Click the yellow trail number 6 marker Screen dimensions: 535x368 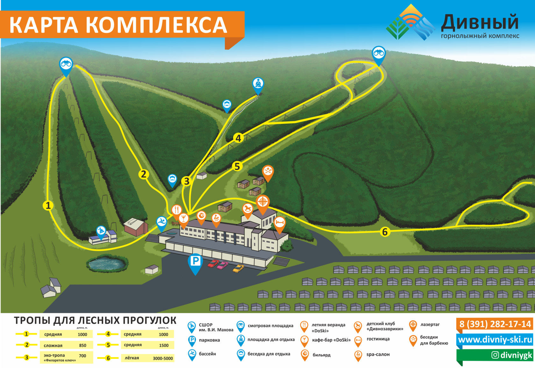385,232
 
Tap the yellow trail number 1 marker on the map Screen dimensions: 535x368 48,205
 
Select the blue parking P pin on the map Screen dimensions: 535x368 195,263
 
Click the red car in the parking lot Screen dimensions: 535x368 213,263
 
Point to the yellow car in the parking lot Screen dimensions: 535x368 238,268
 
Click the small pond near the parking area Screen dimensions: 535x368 106,264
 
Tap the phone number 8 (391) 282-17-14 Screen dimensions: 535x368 495,324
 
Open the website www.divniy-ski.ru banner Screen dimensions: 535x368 495,340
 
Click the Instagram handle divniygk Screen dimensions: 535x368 511,355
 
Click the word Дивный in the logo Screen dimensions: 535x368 480,22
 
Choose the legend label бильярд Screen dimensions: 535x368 321,355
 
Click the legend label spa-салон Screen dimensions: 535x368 378,354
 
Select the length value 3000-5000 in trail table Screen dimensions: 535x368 163,358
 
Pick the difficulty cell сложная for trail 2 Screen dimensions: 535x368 53,345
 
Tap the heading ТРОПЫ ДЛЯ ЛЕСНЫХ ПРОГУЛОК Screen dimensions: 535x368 95,320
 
